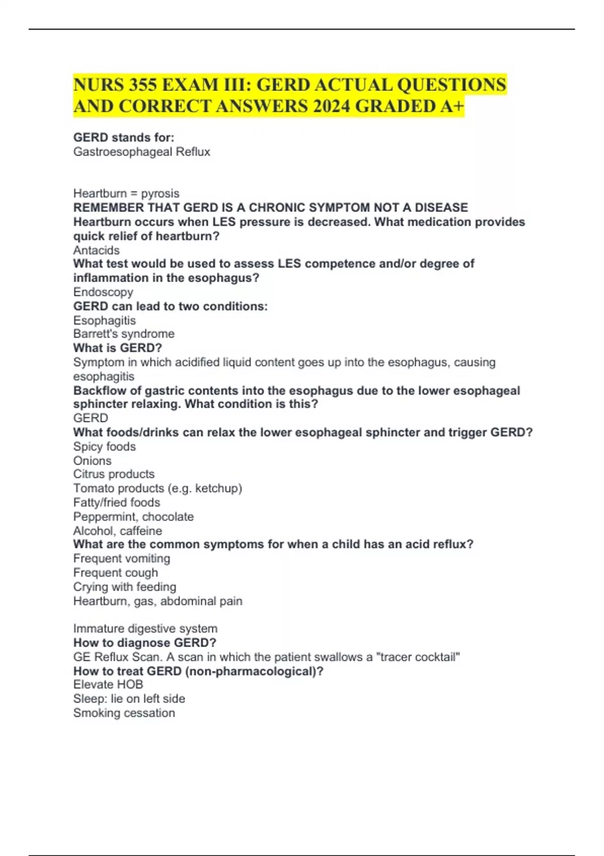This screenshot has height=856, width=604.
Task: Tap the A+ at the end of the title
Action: pos(452,106)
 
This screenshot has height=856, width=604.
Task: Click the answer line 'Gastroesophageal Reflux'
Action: pos(141,152)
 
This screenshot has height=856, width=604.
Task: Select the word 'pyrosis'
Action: pos(160,193)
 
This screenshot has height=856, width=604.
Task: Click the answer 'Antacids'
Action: pos(96,250)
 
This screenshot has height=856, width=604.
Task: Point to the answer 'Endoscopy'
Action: pos(103,292)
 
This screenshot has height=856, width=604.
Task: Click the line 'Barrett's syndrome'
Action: pos(124,334)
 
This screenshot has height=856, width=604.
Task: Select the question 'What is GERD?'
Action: pos(117,348)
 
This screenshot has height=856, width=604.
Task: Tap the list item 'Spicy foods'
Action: pos(104,447)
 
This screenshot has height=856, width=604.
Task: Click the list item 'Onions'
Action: pos(92,461)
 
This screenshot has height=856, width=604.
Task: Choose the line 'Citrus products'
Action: pos(114,474)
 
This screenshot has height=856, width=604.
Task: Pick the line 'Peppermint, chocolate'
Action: pos(133,517)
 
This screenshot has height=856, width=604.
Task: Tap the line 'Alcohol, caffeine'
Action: pos(117,531)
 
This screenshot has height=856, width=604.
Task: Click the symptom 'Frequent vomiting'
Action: pos(121,558)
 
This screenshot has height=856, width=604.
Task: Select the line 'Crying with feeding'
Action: pos(124,587)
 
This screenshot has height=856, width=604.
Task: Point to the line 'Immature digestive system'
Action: pos(145,628)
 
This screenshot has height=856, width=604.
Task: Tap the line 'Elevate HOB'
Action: pos(108,684)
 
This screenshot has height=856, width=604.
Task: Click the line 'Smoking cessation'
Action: pos(124,713)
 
